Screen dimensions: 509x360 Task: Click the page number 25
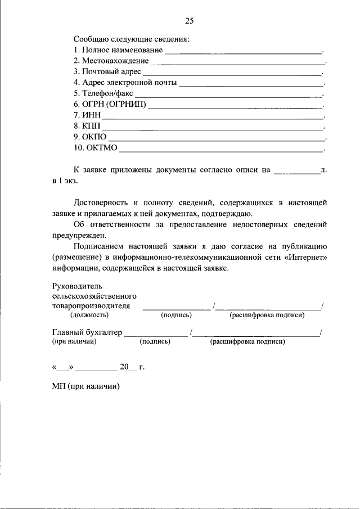click(x=189, y=21)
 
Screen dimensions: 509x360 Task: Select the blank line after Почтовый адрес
click(x=232, y=74)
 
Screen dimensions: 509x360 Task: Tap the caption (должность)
click(x=85, y=316)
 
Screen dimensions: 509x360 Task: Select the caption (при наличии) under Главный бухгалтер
click(x=74, y=341)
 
